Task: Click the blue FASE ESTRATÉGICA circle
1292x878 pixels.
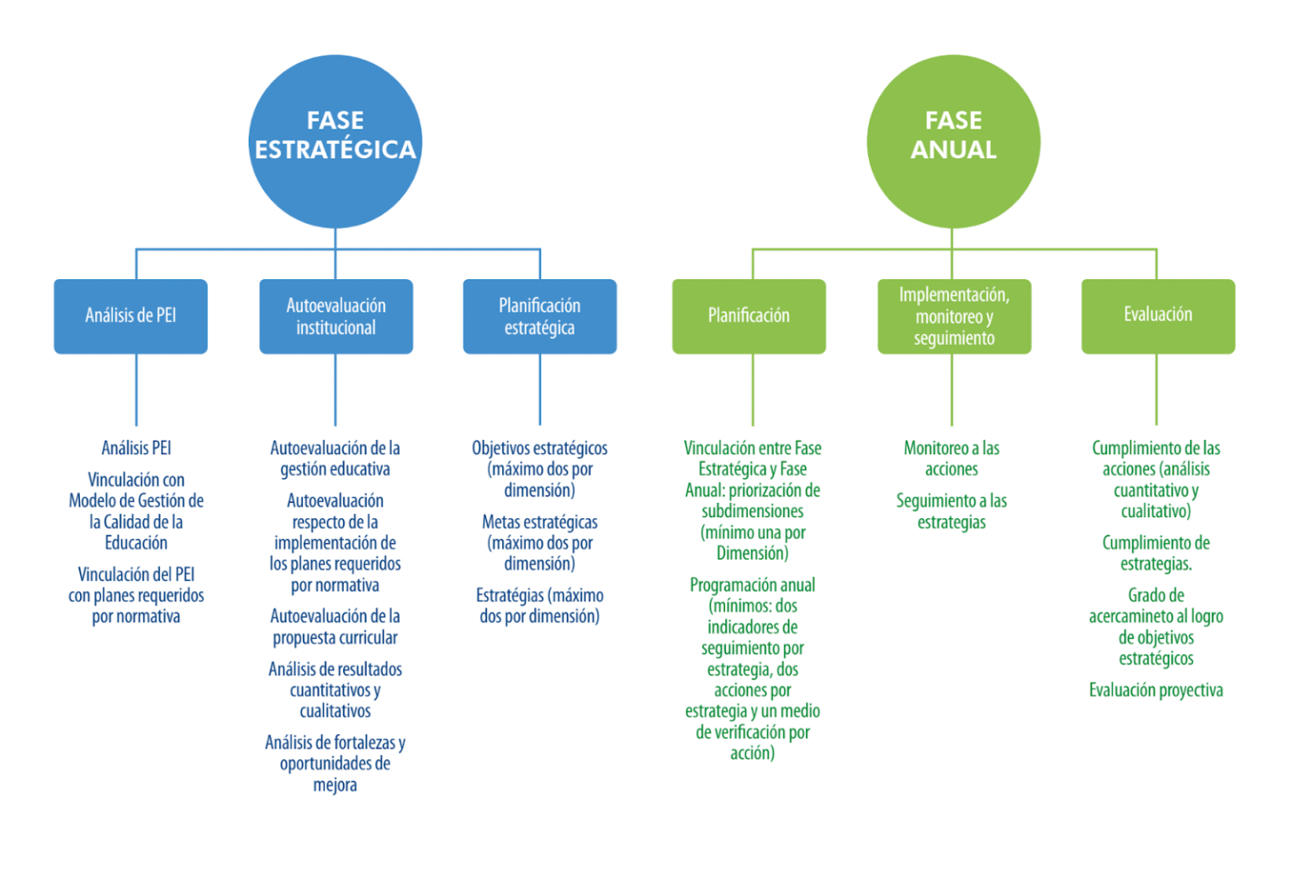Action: click(335, 140)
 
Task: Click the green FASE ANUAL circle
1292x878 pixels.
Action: click(953, 140)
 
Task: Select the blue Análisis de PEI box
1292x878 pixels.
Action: click(130, 316)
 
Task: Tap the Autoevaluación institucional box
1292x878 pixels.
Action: click(336, 316)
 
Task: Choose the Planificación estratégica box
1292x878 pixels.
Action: click(539, 316)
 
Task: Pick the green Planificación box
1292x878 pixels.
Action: click(749, 316)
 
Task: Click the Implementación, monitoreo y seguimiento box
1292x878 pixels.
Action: click(954, 316)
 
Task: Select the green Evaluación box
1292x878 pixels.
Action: click(1157, 316)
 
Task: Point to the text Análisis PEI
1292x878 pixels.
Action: click(136, 448)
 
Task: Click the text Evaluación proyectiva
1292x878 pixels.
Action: click(1156, 690)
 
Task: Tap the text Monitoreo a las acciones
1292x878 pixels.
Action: click(951, 458)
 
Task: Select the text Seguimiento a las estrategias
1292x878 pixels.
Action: click(951, 511)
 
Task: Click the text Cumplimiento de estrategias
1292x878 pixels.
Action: click(1156, 553)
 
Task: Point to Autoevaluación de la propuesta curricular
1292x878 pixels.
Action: click(335, 627)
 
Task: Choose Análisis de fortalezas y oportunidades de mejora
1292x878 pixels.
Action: click(335, 764)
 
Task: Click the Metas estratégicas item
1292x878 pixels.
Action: click(539, 543)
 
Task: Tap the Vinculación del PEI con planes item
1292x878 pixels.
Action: click(136, 595)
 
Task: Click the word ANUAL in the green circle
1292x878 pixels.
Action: click(953, 151)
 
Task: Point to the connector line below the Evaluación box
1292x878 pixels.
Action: click(1157, 389)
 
